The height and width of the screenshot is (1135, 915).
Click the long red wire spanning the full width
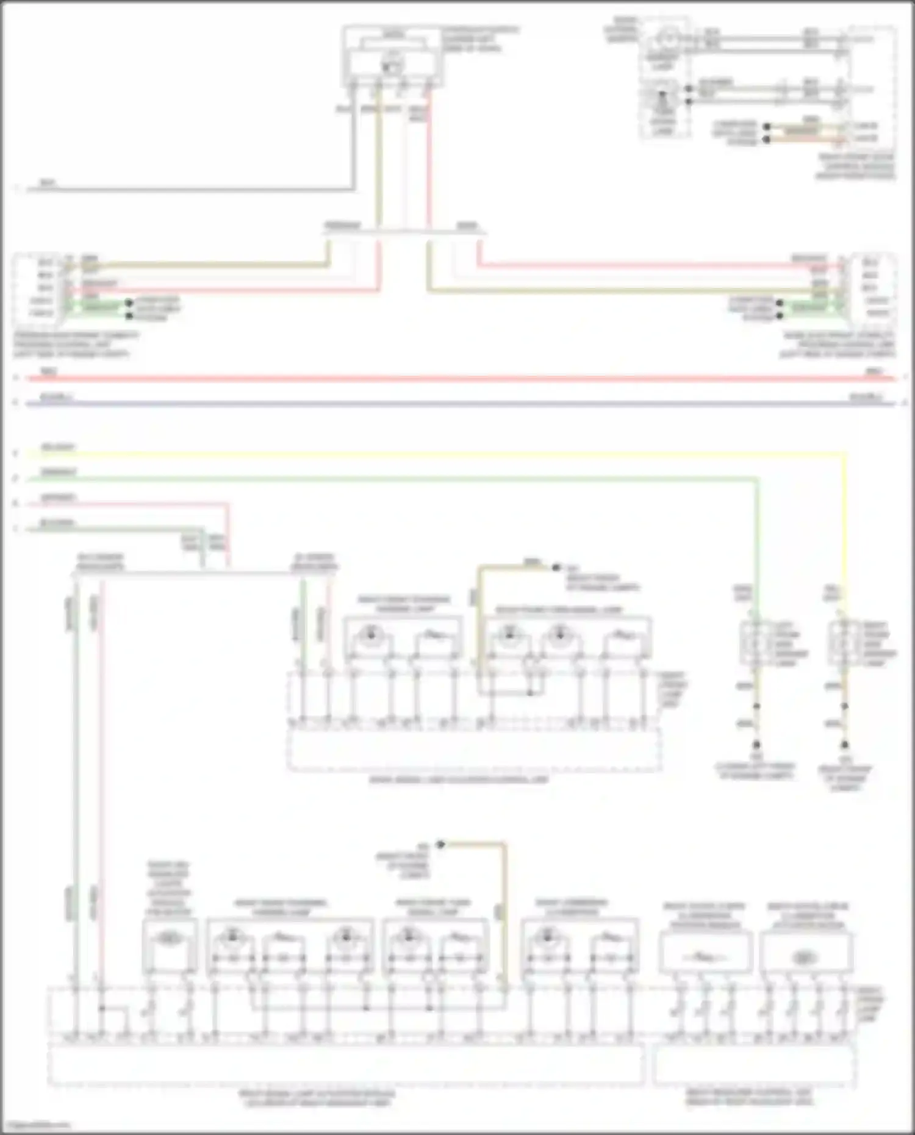tap(457, 379)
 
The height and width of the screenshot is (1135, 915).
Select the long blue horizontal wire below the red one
tap(457, 404)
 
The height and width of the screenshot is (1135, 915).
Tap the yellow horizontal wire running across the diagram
tap(427, 454)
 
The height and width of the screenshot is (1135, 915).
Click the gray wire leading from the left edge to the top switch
tap(183, 190)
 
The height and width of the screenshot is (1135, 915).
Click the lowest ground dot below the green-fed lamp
tap(756, 745)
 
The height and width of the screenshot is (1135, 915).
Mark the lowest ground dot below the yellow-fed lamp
tap(844, 745)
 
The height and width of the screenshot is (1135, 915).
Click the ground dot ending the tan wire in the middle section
tap(556, 567)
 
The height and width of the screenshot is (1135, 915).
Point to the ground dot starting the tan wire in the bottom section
tap(440, 845)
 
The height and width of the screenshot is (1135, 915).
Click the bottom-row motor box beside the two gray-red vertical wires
tap(170, 945)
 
